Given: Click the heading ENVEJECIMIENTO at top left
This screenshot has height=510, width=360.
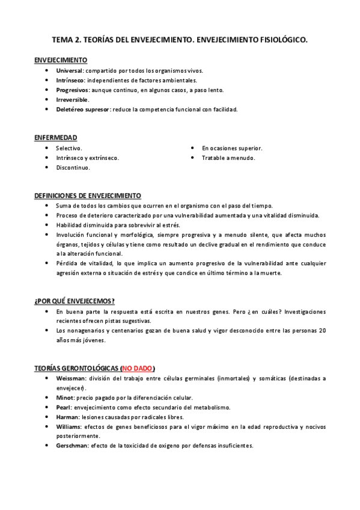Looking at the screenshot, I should (61, 60).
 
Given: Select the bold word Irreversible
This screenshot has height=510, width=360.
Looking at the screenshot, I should (72, 99).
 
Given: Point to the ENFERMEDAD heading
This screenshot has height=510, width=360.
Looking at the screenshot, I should (55, 138).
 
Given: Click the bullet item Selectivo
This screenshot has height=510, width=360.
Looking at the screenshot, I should (69, 148).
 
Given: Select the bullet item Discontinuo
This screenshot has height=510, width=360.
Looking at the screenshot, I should (73, 168).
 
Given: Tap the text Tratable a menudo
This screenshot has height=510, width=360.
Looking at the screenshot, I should (228, 158).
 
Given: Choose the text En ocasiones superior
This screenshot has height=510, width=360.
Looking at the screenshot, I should (232, 148).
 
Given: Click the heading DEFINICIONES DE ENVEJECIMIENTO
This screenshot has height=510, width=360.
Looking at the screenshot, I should (88, 195).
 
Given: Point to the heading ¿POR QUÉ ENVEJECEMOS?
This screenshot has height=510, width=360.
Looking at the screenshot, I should (75, 301).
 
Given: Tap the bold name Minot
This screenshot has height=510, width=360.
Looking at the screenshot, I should (66, 398).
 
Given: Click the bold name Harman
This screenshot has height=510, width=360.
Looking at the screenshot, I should (67, 417).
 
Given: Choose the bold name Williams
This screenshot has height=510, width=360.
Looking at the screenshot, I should (69, 426).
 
